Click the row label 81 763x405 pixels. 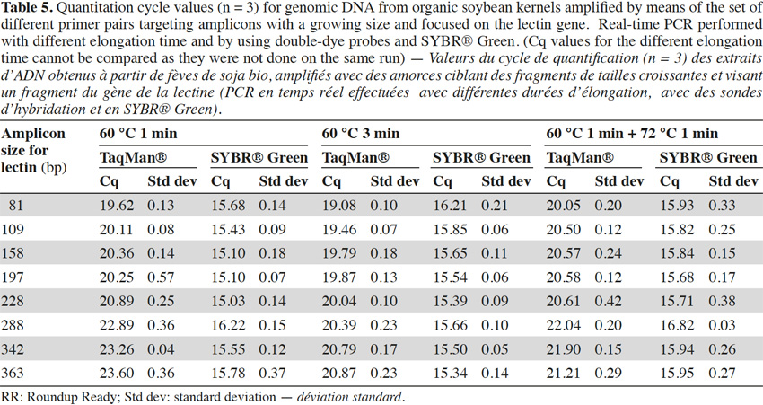coord(15,206)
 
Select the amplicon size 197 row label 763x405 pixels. coord(13,277)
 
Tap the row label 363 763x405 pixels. coord(13,374)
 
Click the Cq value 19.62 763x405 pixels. coord(117,206)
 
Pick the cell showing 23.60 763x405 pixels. coord(117,374)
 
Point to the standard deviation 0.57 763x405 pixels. coord(161,277)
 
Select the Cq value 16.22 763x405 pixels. coord(228,325)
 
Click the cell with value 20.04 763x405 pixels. coord(339,302)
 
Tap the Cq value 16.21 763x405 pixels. coord(450,206)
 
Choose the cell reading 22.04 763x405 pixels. coord(563,325)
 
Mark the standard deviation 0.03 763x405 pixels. coord(722,325)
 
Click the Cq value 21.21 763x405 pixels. coord(563,374)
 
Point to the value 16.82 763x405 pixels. coord(677,325)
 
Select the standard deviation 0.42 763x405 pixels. coord(608,302)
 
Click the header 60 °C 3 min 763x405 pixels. coord(361,134)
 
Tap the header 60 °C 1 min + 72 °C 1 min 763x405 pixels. coord(632,134)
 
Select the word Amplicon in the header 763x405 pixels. coord(33,134)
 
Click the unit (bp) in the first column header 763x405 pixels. coord(54,167)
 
